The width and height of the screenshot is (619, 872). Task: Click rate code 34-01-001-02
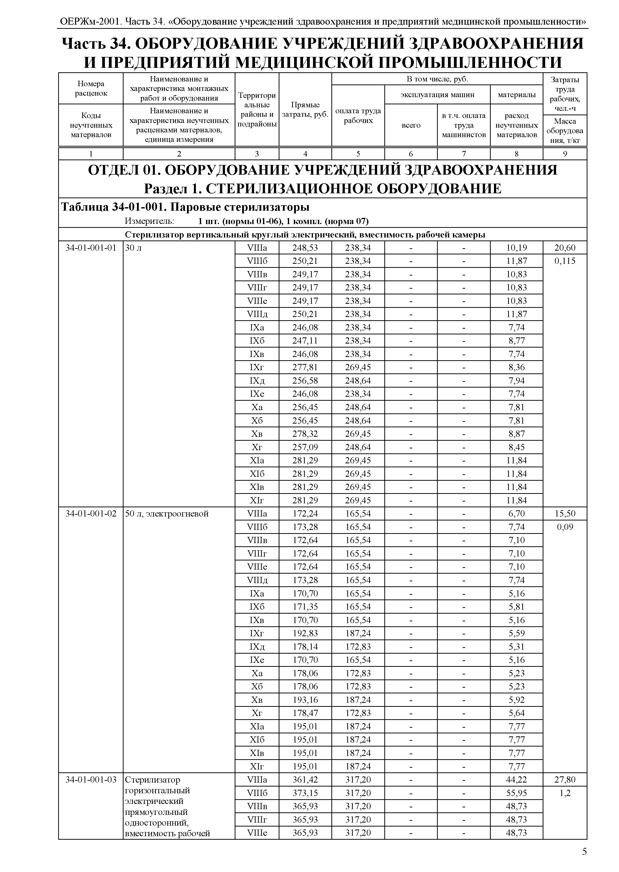click(x=91, y=514)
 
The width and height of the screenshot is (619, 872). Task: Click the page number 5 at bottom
click(x=584, y=852)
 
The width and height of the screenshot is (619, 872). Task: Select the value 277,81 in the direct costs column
click(x=305, y=367)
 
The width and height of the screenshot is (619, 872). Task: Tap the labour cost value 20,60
click(x=565, y=248)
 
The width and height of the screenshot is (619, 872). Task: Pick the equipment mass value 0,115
click(x=565, y=261)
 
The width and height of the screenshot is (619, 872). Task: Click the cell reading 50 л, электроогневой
click(x=167, y=514)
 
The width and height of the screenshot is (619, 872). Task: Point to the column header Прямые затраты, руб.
click(x=305, y=110)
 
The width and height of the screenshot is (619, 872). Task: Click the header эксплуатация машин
click(x=437, y=94)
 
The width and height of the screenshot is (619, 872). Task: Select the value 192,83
click(x=305, y=633)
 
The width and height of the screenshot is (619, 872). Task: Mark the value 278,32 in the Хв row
click(x=305, y=434)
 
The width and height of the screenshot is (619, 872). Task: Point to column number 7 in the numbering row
click(x=463, y=154)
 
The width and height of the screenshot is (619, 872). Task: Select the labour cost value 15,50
click(x=565, y=514)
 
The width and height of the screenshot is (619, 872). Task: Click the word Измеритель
click(x=149, y=221)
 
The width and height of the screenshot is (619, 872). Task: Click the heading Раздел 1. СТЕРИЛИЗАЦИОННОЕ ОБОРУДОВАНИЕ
click(x=322, y=188)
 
